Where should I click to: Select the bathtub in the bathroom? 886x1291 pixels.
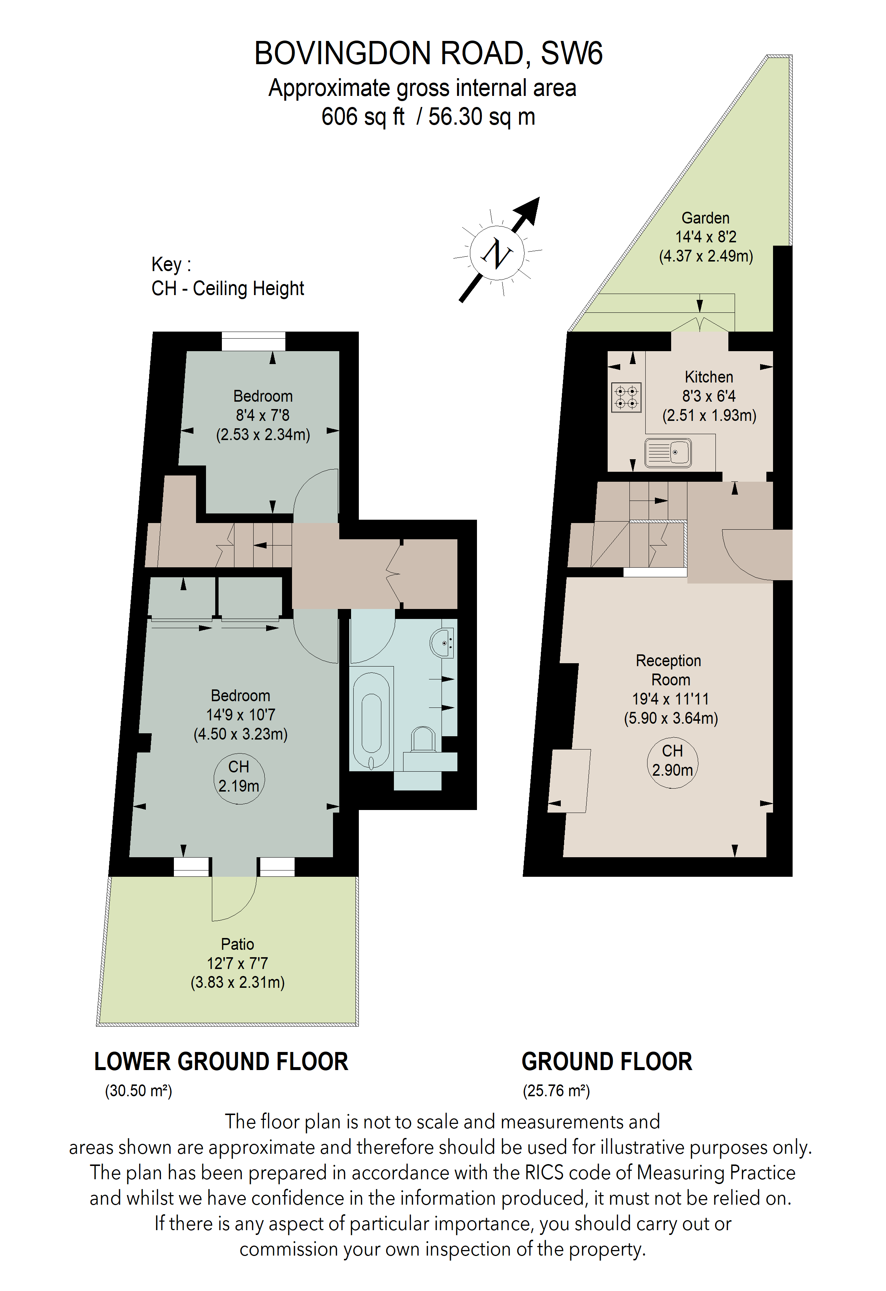pos(371,721)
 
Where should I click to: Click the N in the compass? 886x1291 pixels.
pos(497,254)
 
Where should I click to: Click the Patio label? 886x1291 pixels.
pos(237,944)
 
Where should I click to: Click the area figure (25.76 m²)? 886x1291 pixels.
pos(556,1090)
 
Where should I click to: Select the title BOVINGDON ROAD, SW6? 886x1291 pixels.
pos(428,53)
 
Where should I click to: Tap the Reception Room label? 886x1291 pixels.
pos(670,670)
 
